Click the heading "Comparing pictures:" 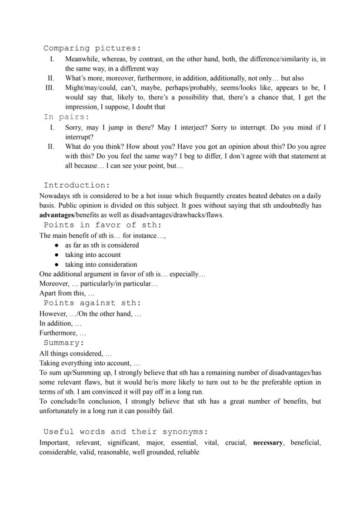(92, 48)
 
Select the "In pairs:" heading (66, 117)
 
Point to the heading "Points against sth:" (92, 303)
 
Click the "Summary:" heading (63, 343)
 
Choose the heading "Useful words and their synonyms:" (126, 432)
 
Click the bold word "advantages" (57, 215)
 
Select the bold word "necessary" (268, 443)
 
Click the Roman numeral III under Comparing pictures (50, 88)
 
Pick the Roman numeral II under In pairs (51, 146)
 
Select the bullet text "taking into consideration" (101, 264)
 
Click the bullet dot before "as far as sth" (57, 245)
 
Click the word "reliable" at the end (188, 452)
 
